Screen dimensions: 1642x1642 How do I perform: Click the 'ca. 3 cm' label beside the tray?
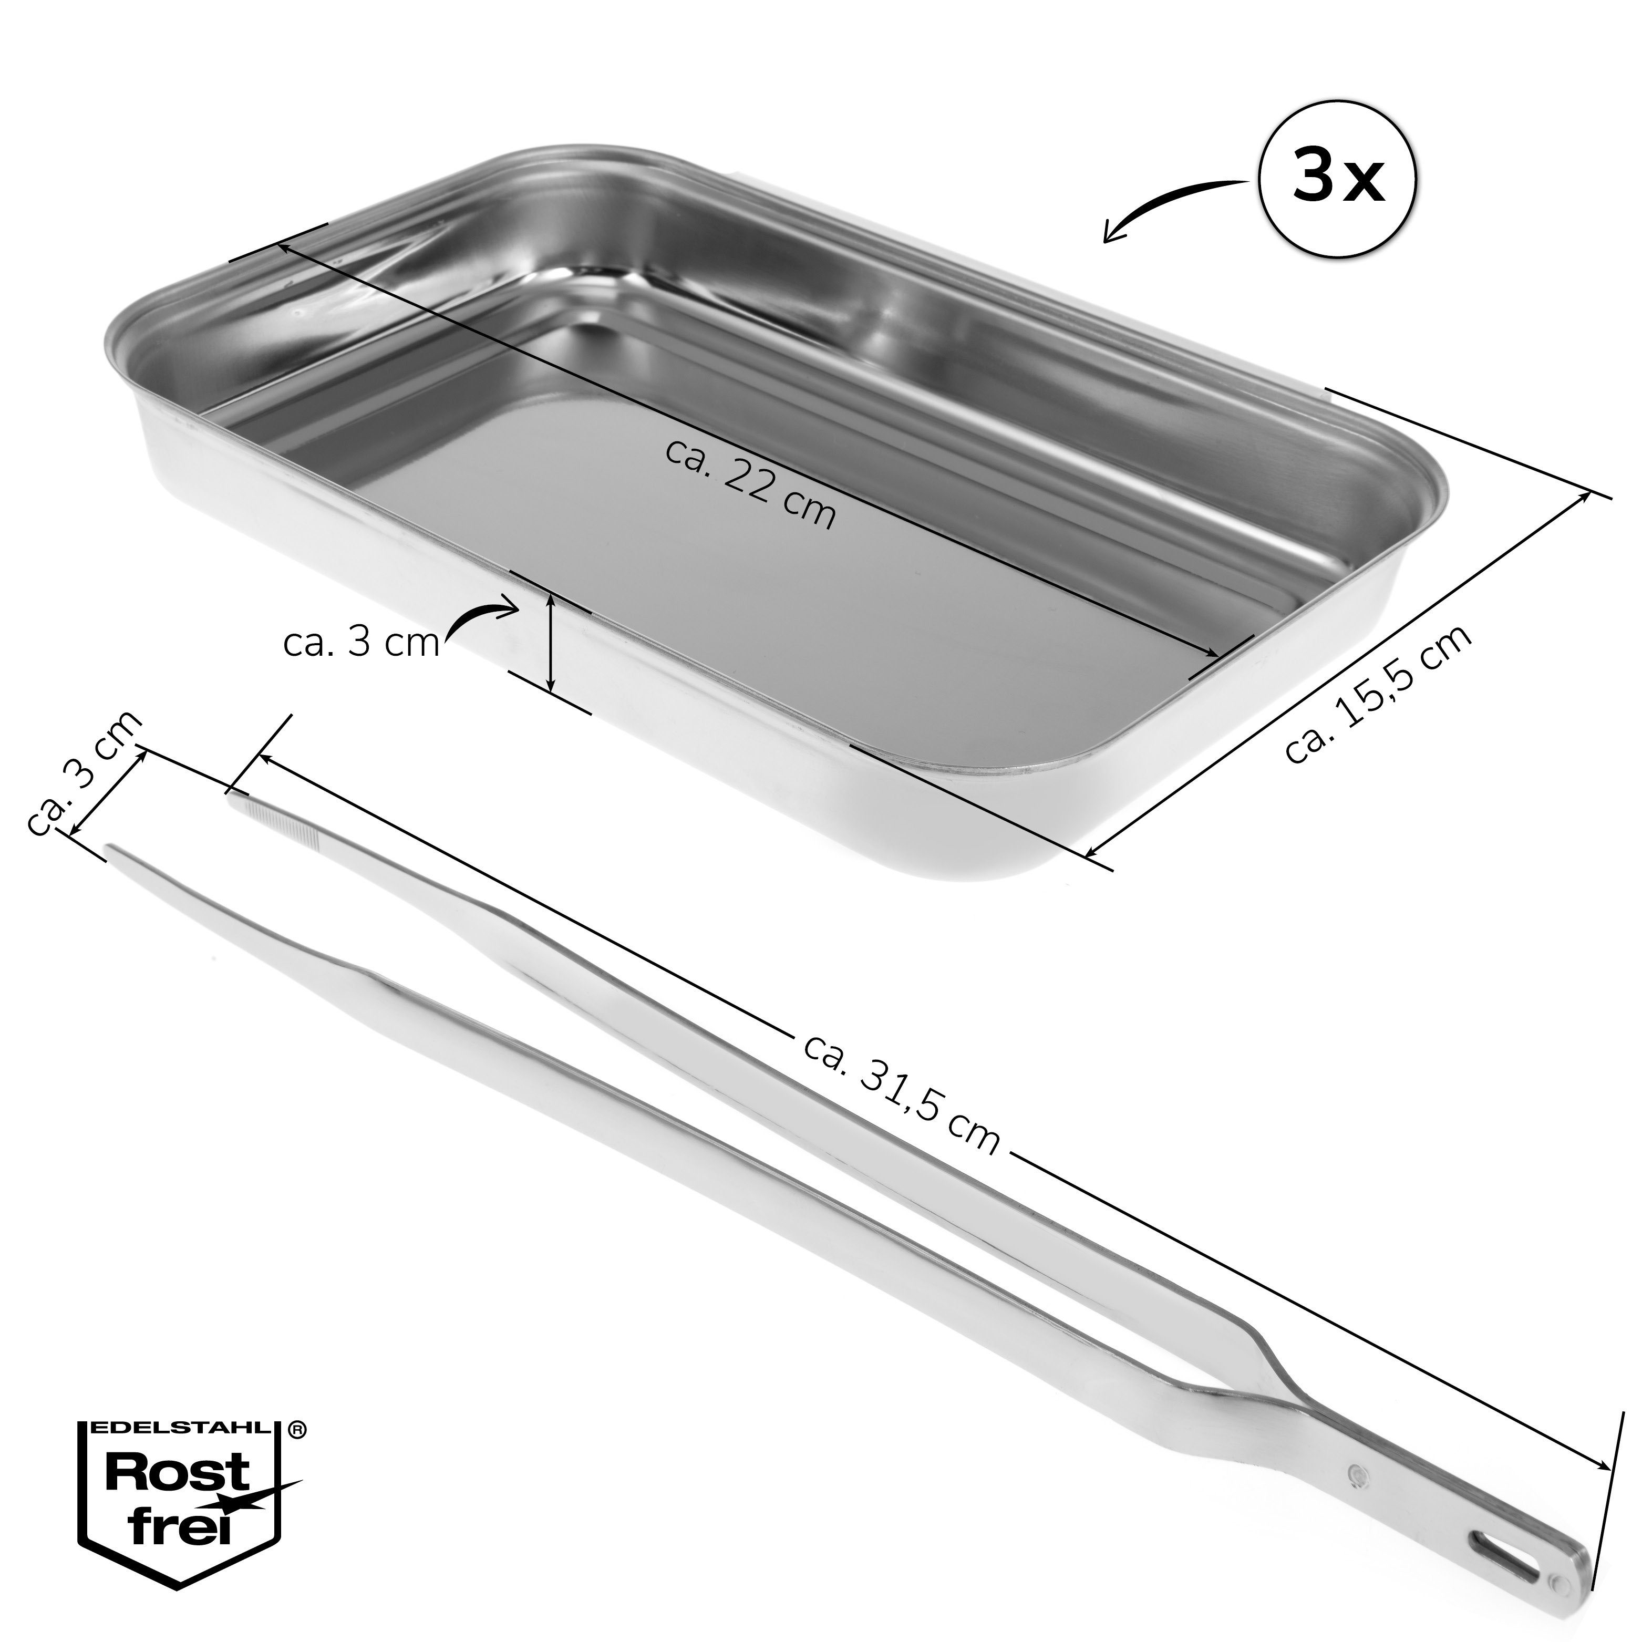tap(361, 643)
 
